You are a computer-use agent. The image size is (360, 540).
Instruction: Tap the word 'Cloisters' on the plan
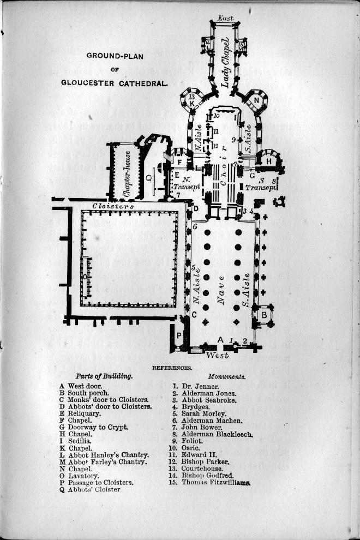pyautogui.click(x=113, y=207)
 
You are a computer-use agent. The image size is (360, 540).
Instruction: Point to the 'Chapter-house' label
pyautogui.click(x=127, y=173)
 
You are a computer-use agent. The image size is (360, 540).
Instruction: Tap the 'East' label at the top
pyautogui.click(x=225, y=18)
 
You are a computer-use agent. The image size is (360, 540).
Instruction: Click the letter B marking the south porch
pyautogui.click(x=263, y=315)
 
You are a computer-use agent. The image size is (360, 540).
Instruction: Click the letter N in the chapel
pyautogui.click(x=256, y=100)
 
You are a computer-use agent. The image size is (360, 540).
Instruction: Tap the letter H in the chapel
pyautogui.click(x=268, y=161)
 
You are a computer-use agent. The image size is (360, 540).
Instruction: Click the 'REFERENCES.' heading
pyautogui.click(x=172, y=368)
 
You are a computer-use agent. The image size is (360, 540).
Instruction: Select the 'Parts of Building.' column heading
pyautogui.click(x=104, y=376)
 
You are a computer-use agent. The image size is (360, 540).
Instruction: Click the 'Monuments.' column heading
pyautogui.click(x=227, y=376)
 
